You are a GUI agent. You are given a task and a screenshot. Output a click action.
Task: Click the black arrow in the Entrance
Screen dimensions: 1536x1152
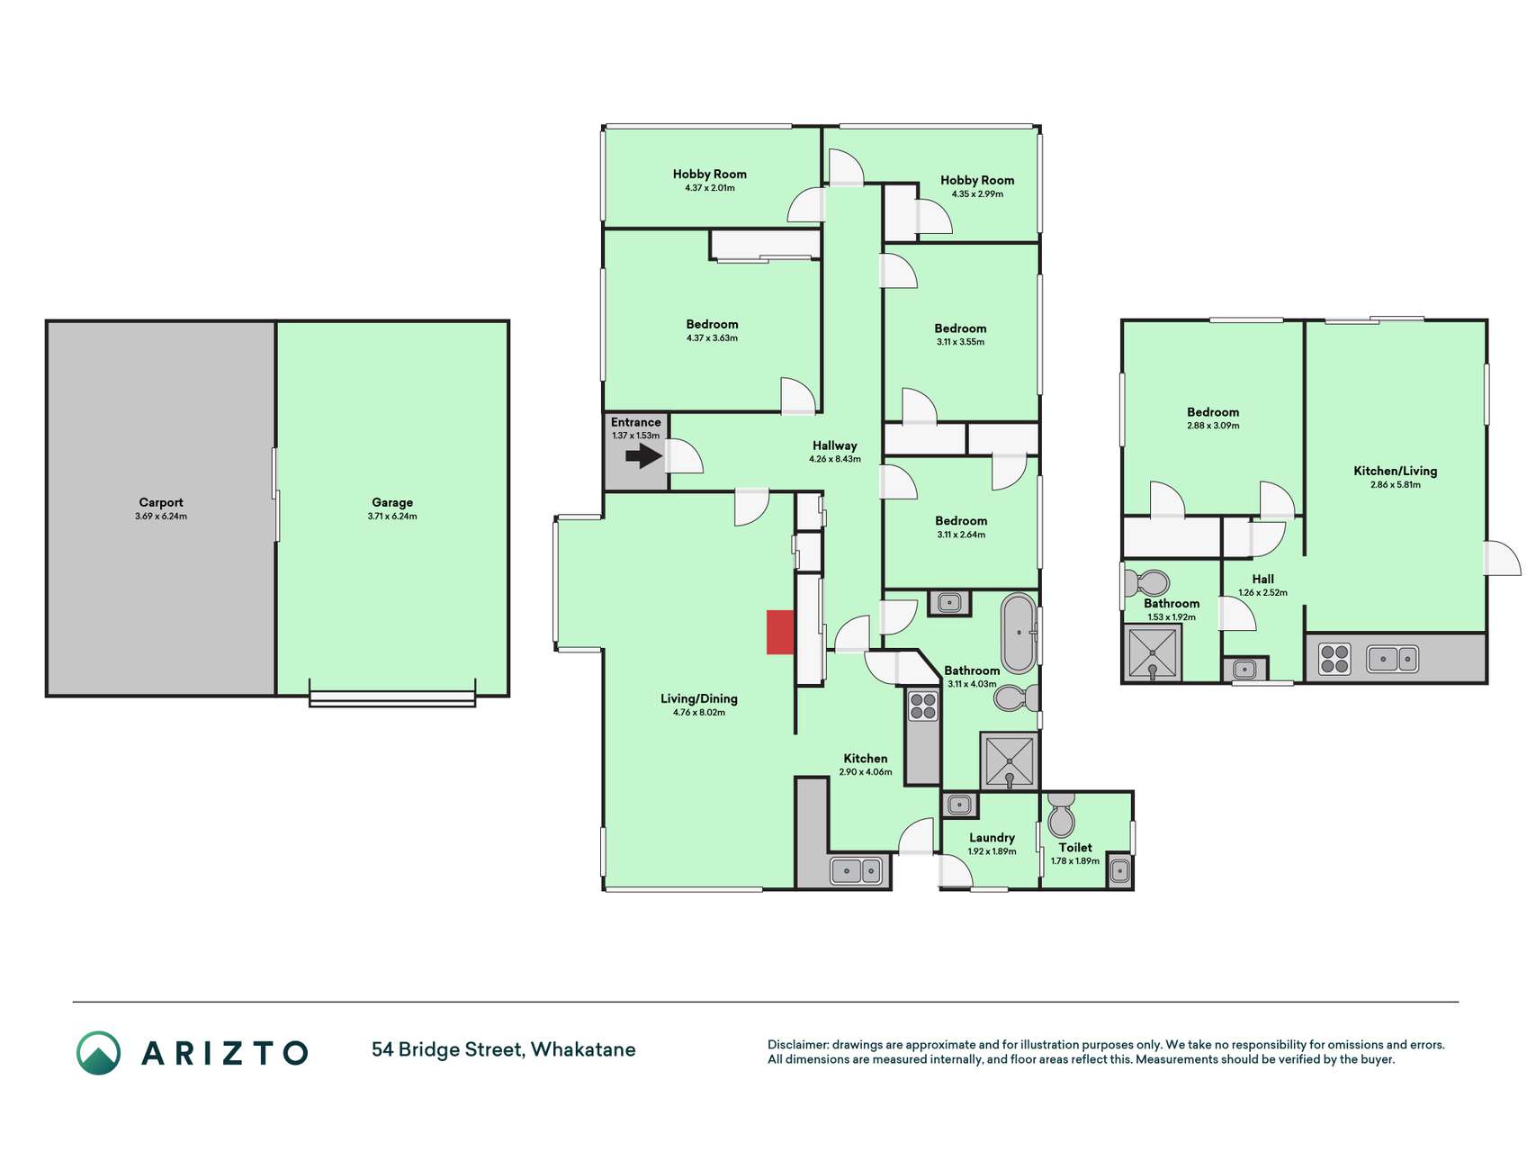pos(643,456)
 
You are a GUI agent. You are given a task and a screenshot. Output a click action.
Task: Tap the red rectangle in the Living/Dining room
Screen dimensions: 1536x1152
pos(780,632)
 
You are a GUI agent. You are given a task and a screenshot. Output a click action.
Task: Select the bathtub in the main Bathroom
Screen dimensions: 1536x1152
pos(1019,634)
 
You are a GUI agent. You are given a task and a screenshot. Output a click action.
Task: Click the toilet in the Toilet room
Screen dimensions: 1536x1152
pos(1062,814)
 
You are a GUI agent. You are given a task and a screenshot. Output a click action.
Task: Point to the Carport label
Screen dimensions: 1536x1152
pos(161,502)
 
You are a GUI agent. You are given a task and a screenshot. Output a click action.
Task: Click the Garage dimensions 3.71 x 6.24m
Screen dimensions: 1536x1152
pos(392,517)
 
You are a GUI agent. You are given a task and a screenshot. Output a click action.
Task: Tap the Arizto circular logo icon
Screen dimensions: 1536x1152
pos(98,1053)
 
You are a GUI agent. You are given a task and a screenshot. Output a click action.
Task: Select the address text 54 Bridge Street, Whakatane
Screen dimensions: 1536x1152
pos(504,1049)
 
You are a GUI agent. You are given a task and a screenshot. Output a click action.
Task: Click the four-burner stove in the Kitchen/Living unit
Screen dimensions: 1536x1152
pos(1334,660)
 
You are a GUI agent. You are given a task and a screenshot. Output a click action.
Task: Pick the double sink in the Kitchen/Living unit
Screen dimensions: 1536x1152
pos(1393,660)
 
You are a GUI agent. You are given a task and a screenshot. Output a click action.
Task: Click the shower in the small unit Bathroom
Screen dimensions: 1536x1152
pos(1152,653)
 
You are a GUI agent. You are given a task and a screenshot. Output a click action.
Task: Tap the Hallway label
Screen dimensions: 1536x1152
pos(835,445)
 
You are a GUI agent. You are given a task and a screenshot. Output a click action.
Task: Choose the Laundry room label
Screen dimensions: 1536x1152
pos(992,838)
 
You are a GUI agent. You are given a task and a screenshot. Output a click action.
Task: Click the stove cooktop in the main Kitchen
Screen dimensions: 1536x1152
pos(923,706)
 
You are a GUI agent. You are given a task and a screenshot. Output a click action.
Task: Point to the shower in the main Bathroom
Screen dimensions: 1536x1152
pos(1010,761)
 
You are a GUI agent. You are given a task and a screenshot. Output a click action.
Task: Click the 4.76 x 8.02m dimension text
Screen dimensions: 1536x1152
pos(699,713)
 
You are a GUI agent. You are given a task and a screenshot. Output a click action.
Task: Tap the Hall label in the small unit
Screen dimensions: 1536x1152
pos(1262,579)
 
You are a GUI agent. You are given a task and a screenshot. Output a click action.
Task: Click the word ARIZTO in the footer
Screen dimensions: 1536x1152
pos(225,1053)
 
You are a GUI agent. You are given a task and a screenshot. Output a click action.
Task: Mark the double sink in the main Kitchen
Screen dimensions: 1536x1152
pos(857,871)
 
